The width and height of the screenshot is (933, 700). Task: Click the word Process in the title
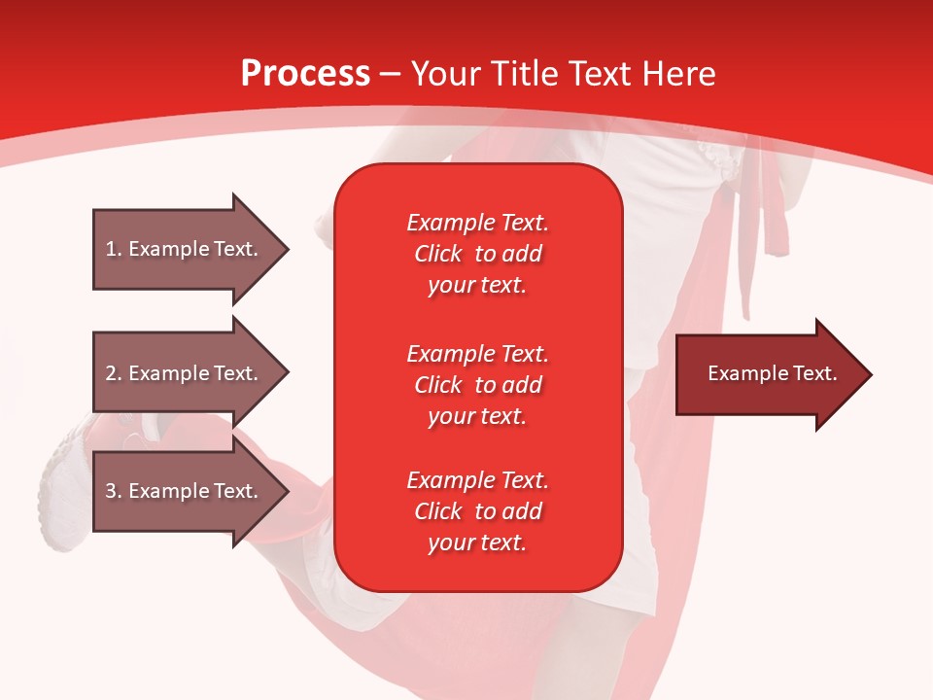coord(306,74)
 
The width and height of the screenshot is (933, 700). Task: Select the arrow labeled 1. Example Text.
coord(191,249)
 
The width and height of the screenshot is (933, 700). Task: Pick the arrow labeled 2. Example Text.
coord(191,372)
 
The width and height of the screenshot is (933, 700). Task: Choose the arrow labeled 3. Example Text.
coord(191,490)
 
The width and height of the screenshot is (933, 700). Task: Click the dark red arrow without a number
coord(774,374)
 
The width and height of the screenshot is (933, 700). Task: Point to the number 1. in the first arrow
coord(114,249)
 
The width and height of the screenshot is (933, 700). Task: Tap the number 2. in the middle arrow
coord(114,373)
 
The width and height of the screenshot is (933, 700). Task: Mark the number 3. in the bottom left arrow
coord(114,491)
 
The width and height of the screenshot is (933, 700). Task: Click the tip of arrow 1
coord(290,249)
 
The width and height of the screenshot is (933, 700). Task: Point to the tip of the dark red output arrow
coord(873,374)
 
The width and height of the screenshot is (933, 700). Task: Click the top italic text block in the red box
coord(478,254)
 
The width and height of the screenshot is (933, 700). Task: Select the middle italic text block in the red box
coord(478,385)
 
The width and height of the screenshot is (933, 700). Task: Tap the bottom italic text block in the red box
coord(478,511)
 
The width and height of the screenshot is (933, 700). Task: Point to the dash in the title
coord(391,76)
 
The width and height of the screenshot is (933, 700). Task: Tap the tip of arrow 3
coord(290,491)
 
